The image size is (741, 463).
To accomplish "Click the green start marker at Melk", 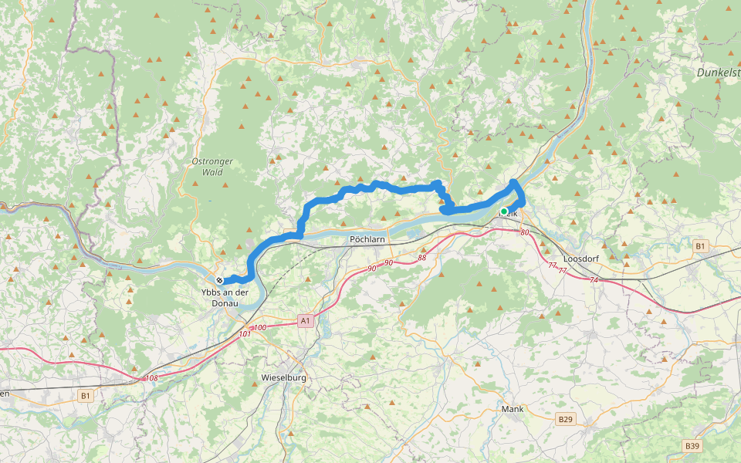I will pos(504,211).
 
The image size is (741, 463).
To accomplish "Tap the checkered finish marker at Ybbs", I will pos(220,280).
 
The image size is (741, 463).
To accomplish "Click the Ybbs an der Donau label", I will pos(225,297).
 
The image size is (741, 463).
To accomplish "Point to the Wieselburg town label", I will pos(284,378).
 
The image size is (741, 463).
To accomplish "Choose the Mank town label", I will pos(513,409).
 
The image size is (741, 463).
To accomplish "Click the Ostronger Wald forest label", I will pos(212,167).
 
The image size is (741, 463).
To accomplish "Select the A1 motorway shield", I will pos(305,319).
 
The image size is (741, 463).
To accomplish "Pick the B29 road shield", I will pos(565,418).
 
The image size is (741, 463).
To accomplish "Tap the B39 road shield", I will pos(692,446).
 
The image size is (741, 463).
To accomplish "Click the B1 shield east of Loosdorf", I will pos(699,246).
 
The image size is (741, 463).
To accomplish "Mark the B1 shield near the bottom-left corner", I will pos(86,395).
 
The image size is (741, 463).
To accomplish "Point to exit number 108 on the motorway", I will pos(151,378).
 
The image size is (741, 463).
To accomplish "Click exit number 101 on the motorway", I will pos(245,334).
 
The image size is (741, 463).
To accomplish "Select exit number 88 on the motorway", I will pos(422,258).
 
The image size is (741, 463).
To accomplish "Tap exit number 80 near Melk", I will pos(525,232).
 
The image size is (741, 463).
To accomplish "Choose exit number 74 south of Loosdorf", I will pos(593,280).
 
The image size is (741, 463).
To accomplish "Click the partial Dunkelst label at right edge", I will pos(718,72).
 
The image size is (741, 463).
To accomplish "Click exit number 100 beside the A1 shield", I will pos(260,328).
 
